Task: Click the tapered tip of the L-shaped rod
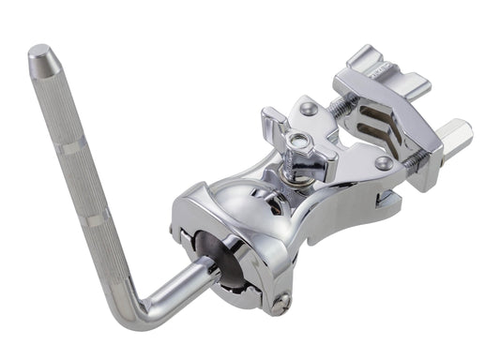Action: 40,57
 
